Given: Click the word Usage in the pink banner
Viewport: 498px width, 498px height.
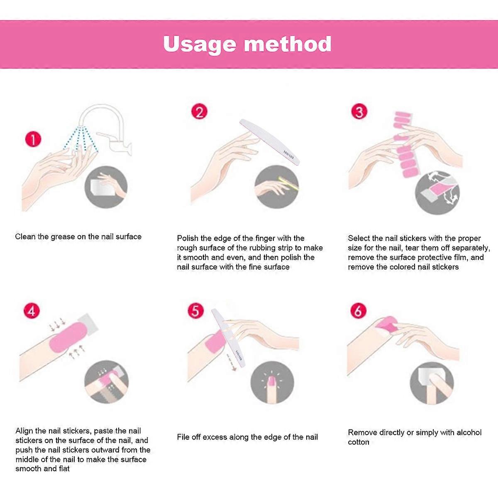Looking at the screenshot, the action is [x=200, y=44].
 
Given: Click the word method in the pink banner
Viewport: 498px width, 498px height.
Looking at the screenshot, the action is [x=287, y=44].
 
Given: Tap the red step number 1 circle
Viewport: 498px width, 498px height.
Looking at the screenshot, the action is [x=33, y=139].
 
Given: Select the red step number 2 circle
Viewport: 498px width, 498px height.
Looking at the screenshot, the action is [x=199, y=112].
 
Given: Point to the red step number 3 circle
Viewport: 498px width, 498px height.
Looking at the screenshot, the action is [x=359, y=112].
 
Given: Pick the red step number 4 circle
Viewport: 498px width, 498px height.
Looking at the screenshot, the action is [x=32, y=311].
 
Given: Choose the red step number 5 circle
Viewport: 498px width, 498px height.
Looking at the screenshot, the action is [x=195, y=311].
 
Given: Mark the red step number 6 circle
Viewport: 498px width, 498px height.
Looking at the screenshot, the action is [x=359, y=311].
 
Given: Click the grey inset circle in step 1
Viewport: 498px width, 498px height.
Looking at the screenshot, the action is [x=106, y=187].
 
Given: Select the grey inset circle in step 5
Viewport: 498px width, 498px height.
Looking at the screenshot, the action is [x=272, y=383].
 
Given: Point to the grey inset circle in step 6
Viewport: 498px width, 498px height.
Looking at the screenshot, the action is [x=432, y=383].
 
